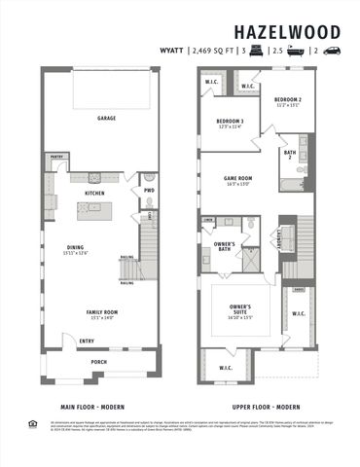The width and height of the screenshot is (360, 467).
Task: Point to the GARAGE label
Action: [106, 117]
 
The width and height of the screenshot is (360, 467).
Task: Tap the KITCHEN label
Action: [95, 193]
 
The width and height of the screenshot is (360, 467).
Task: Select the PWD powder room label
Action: [149, 190]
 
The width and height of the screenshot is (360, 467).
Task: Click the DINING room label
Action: [75, 247]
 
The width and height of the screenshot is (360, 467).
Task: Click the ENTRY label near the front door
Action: [87, 341]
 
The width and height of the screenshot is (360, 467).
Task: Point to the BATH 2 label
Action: [290, 154]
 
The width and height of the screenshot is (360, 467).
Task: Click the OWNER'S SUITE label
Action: [241, 312]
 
